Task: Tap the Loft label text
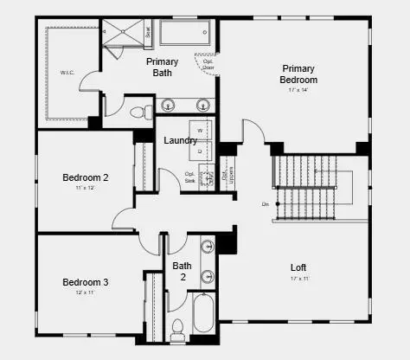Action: point(298,267)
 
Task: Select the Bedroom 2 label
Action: point(85,178)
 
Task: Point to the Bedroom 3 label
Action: point(85,282)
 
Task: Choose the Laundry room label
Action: point(181,140)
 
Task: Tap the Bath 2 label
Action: point(182,271)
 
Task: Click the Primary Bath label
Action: point(162,67)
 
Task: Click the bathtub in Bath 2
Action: point(204,314)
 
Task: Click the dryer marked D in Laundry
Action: point(201,150)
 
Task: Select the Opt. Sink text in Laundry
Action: point(189,177)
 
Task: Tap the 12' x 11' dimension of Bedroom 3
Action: point(85,293)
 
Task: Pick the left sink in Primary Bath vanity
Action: point(170,106)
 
